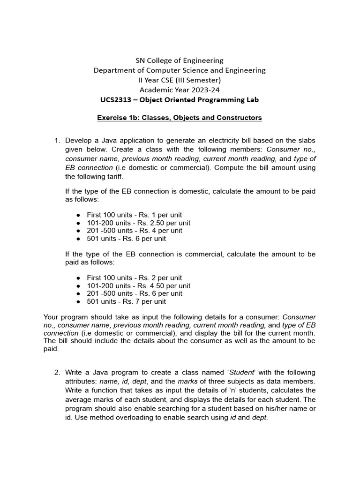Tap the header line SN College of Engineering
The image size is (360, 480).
[x=180, y=60]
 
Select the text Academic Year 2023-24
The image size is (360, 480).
[x=180, y=90]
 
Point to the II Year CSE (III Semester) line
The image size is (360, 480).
[x=180, y=80]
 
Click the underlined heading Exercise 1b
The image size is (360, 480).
[x=180, y=118]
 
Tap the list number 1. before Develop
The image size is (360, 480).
[x=58, y=141]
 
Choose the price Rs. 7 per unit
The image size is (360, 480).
[x=145, y=301]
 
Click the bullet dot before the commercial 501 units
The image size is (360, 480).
[x=78, y=302]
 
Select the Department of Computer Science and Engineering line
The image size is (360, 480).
[x=180, y=70]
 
